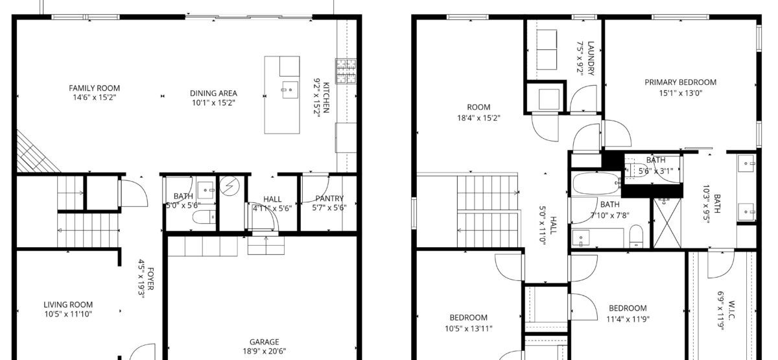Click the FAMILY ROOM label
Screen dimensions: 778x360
pyautogui.click(x=94, y=88)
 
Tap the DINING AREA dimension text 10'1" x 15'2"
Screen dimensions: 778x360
pyautogui.click(x=213, y=103)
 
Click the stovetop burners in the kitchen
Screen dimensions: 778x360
pyautogui.click(x=346, y=71)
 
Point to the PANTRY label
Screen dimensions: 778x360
pyautogui.click(x=329, y=198)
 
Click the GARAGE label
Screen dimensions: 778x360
pyautogui.click(x=265, y=342)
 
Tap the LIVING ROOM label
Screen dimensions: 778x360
pyautogui.click(x=68, y=305)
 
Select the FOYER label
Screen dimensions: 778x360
pyautogui.click(x=150, y=279)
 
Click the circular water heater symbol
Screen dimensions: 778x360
pyautogui.click(x=230, y=186)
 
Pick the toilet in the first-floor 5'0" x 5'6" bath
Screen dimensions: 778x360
pyautogui.click(x=204, y=217)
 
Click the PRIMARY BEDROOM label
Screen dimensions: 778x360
pyautogui.click(x=680, y=82)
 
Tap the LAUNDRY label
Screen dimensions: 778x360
pyautogui.click(x=591, y=58)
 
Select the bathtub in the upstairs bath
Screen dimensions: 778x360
pyautogui.click(x=596, y=183)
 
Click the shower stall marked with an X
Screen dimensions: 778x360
pyautogui.click(x=667, y=222)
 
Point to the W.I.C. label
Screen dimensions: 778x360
pyautogui.click(x=730, y=310)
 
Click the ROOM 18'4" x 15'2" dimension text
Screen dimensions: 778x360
pyautogui.click(x=478, y=118)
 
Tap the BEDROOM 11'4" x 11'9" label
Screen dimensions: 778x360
pyautogui.click(x=628, y=308)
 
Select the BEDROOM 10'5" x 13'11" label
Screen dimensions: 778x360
pyautogui.click(x=469, y=318)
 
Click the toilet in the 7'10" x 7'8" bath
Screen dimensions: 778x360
pyautogui.click(x=636, y=236)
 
